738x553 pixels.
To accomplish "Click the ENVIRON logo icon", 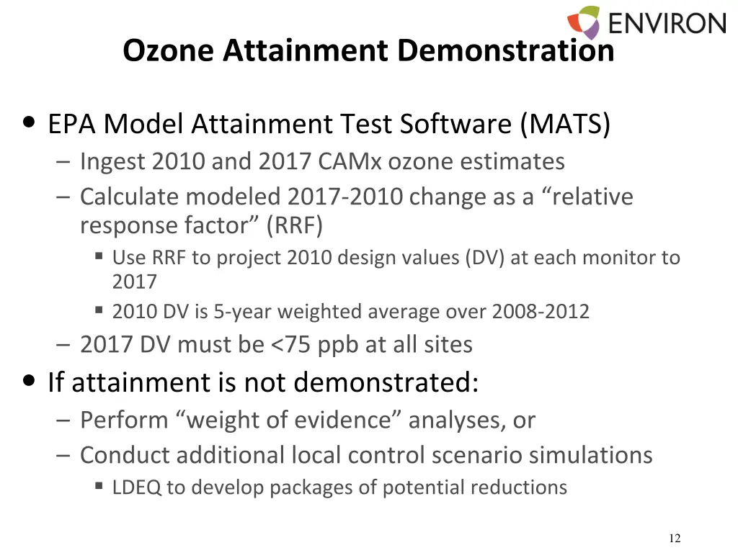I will (584, 22).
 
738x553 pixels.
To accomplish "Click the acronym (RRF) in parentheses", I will (294, 225).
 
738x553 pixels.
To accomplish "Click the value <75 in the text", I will (291, 344).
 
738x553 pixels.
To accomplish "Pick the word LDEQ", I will (137, 487).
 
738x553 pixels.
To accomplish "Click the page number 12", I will (675, 539).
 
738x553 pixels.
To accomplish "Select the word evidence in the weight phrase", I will (346, 419).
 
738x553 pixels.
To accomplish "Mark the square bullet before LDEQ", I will (99, 486).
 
